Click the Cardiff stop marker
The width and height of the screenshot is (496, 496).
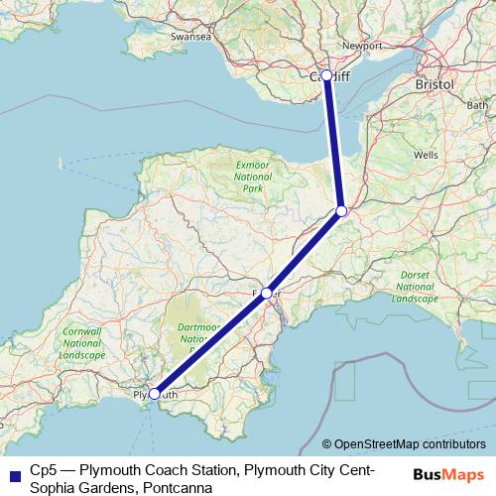tap(327, 74)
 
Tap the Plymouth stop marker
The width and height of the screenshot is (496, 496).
tap(154, 394)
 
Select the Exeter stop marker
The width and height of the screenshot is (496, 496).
tap(266, 294)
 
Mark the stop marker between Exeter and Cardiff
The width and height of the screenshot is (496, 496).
tap(341, 210)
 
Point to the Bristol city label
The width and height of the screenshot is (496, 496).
tap(435, 84)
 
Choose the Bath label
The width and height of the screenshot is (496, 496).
tap(477, 104)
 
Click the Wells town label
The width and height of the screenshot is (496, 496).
tap(426, 156)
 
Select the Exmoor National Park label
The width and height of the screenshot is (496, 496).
tap(252, 177)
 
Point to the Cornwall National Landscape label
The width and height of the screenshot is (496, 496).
tap(81, 342)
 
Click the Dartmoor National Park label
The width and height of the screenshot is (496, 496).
tap(204, 337)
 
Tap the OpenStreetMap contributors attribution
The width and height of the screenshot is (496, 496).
tap(410, 443)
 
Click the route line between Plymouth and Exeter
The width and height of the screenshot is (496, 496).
tap(209, 344)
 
